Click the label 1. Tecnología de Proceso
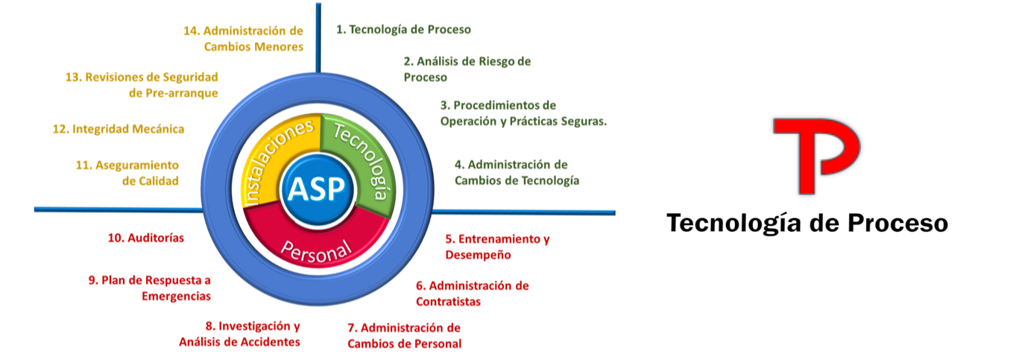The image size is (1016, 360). (403, 30)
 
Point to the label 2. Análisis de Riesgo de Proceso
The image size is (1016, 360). (467, 69)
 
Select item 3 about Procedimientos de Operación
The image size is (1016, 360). (523, 113)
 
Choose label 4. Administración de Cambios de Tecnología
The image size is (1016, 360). (517, 172)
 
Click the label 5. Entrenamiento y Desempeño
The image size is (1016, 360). (496, 247)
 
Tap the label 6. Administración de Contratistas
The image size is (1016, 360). (472, 293)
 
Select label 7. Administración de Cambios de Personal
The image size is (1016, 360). (404, 335)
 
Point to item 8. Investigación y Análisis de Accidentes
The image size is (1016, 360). (240, 334)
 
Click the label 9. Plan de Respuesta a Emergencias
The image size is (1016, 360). (150, 288)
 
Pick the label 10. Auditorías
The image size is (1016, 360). (146, 238)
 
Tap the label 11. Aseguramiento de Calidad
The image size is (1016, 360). (127, 172)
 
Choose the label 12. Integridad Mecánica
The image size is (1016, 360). (119, 129)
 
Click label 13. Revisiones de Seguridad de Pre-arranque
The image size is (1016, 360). (142, 85)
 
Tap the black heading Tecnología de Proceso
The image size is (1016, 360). (807, 222)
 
